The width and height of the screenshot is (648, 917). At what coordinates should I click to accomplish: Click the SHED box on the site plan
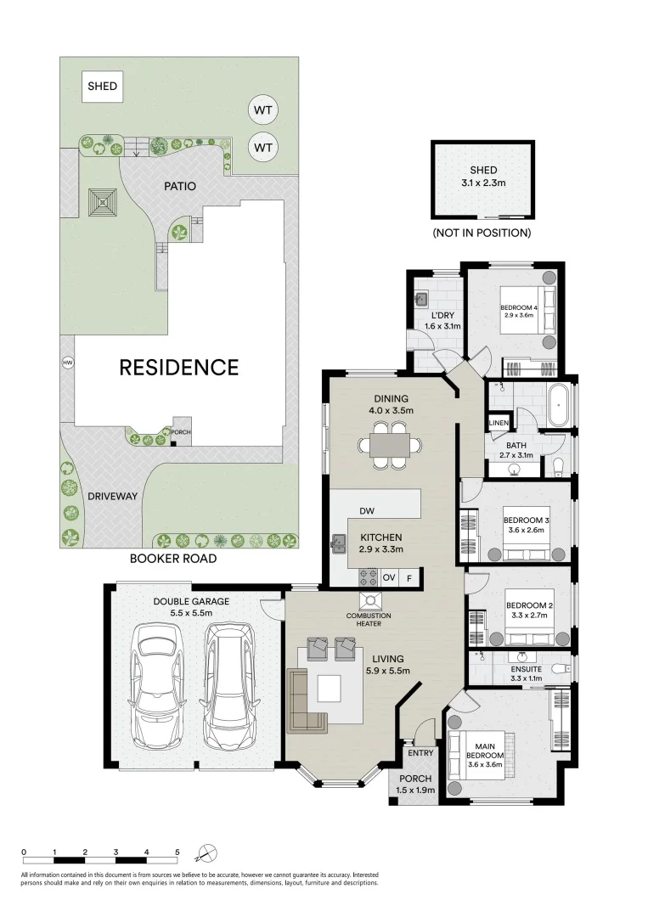[x=103, y=86]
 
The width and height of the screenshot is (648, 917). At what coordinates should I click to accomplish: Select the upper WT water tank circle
[x=264, y=110]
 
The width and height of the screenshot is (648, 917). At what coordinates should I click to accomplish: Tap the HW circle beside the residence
[x=67, y=363]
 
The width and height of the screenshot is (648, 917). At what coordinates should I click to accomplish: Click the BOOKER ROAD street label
[x=172, y=559]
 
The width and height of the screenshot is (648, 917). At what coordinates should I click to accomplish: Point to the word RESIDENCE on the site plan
[x=178, y=367]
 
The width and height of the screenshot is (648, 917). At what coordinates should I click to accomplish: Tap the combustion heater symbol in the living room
[x=371, y=602]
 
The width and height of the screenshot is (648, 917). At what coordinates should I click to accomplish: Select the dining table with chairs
[x=390, y=448]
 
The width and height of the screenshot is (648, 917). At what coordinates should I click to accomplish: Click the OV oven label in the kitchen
[x=390, y=577]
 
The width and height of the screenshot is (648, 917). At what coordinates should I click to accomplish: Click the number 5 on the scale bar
[x=177, y=851]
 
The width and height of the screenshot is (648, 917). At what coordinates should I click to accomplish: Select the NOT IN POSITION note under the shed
[x=482, y=233]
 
